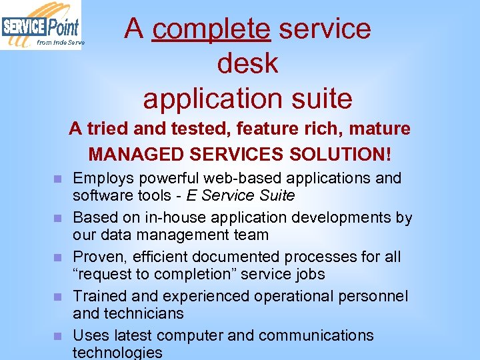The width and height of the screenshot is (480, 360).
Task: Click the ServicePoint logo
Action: [x=41, y=25]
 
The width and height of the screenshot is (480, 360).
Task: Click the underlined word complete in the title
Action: [x=211, y=29]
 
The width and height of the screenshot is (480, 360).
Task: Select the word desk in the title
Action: [x=247, y=63]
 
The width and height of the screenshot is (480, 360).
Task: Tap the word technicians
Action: [x=143, y=313]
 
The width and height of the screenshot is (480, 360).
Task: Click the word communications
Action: [x=316, y=335]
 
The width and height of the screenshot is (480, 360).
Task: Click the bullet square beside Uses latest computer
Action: [x=58, y=336]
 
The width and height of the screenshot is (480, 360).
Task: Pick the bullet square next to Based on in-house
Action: [x=58, y=218]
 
